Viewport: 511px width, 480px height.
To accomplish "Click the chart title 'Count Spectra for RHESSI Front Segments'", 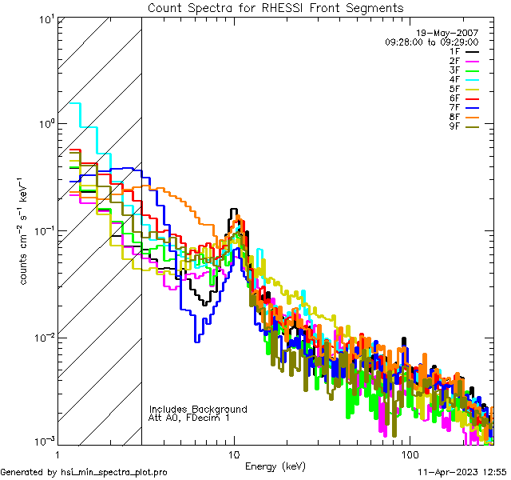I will click(x=275, y=8).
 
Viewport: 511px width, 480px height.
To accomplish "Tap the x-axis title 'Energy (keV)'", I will click(x=275, y=466).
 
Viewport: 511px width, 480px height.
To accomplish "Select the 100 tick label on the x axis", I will click(x=409, y=454).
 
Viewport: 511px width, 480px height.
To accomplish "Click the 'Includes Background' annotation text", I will click(x=198, y=410).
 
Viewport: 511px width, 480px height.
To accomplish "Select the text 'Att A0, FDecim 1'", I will click(x=189, y=418).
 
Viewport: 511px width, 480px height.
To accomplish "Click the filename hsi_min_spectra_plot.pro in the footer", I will click(x=114, y=473).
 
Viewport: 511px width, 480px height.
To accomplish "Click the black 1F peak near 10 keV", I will click(x=234, y=210).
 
